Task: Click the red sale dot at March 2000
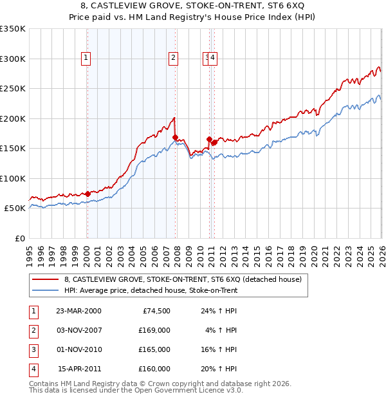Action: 87,194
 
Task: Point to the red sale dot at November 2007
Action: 175,137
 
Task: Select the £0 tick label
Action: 20,239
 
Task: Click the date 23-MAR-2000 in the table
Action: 78,310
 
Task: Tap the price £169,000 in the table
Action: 155,330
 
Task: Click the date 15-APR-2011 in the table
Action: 78,369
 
